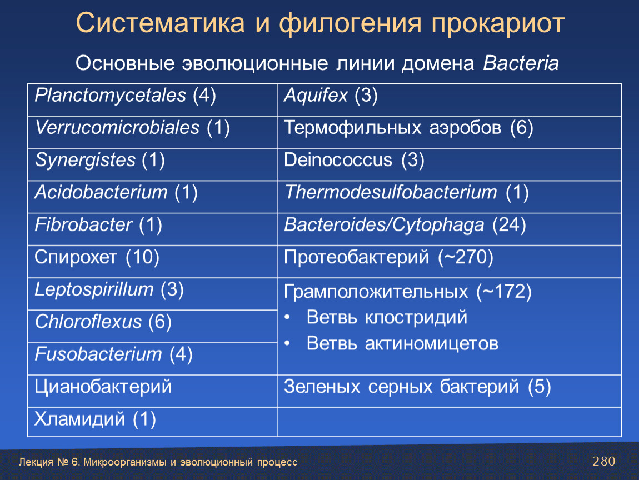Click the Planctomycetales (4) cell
click(x=152, y=100)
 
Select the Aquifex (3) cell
click(x=449, y=100)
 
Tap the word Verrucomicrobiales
click(x=117, y=128)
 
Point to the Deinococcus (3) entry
click(x=354, y=160)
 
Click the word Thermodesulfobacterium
click(x=391, y=192)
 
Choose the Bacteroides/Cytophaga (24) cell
click(x=449, y=229)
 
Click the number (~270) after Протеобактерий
click(x=466, y=257)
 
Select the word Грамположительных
click(x=376, y=292)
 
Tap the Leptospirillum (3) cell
click(x=152, y=294)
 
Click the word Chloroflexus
click(x=88, y=322)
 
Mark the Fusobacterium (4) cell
click(x=152, y=358)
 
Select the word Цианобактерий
click(x=103, y=387)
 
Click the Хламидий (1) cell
click(x=152, y=422)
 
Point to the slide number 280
click(x=604, y=461)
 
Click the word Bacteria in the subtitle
click(x=521, y=63)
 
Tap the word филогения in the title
click(x=350, y=23)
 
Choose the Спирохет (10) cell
click(x=152, y=262)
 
